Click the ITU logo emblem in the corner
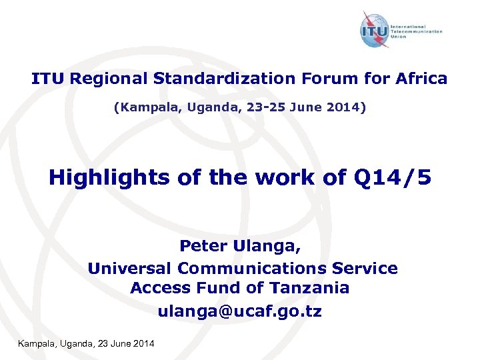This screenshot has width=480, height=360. pyautogui.click(x=375, y=31)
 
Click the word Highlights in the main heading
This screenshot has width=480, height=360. pyautogui.click(x=109, y=177)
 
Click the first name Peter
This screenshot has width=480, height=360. pyautogui.click(x=204, y=247)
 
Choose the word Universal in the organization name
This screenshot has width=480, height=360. pyautogui.click(x=129, y=268)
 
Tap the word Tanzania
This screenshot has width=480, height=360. pyautogui.click(x=310, y=288)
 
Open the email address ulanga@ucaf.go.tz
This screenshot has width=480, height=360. pyautogui.click(x=239, y=311)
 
